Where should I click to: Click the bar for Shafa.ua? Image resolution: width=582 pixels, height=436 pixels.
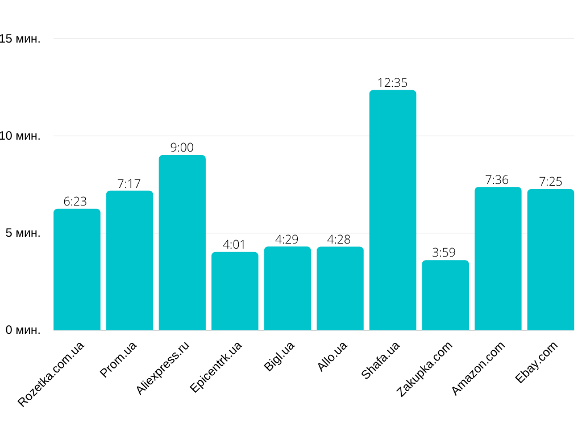click(393, 210)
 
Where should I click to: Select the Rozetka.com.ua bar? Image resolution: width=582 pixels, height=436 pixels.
click(77, 270)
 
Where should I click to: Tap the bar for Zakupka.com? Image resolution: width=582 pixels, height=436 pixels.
click(445, 295)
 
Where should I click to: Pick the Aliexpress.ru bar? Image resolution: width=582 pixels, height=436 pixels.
click(182, 242)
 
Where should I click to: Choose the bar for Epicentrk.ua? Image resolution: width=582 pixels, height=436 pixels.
click(235, 291)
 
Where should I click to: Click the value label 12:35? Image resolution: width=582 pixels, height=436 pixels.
click(393, 83)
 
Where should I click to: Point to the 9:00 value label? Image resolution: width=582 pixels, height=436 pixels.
click(182, 148)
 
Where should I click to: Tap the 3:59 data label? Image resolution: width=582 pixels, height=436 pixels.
click(444, 253)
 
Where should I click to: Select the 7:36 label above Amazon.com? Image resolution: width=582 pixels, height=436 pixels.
click(497, 180)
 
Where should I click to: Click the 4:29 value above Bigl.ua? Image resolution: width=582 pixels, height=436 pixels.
click(287, 240)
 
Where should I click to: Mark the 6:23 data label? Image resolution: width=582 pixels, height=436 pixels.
click(75, 202)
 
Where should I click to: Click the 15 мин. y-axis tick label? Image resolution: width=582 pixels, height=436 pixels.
click(20, 39)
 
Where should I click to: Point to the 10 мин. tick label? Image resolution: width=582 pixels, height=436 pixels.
click(20, 136)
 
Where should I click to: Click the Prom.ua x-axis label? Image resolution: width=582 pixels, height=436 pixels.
click(118, 359)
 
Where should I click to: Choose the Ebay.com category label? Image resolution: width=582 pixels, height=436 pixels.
click(537, 362)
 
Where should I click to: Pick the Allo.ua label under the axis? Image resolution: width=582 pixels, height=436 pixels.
click(332, 356)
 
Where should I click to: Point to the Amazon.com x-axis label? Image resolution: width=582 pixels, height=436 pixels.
click(478, 368)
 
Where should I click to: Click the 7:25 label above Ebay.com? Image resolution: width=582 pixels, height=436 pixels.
click(550, 182)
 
